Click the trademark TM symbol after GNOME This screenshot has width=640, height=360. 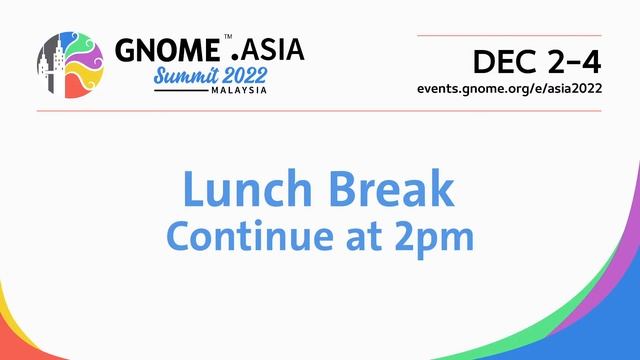[x=228, y=36]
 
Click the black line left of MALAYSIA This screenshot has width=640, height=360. [x=181, y=91]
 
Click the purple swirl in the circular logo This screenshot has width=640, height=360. [x=82, y=45]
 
